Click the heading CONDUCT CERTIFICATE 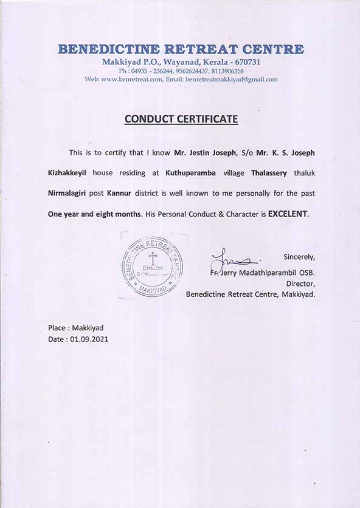(x=181, y=119)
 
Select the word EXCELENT (x=288, y=214)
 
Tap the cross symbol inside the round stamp (x=153, y=257)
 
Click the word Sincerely (x=299, y=256)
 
